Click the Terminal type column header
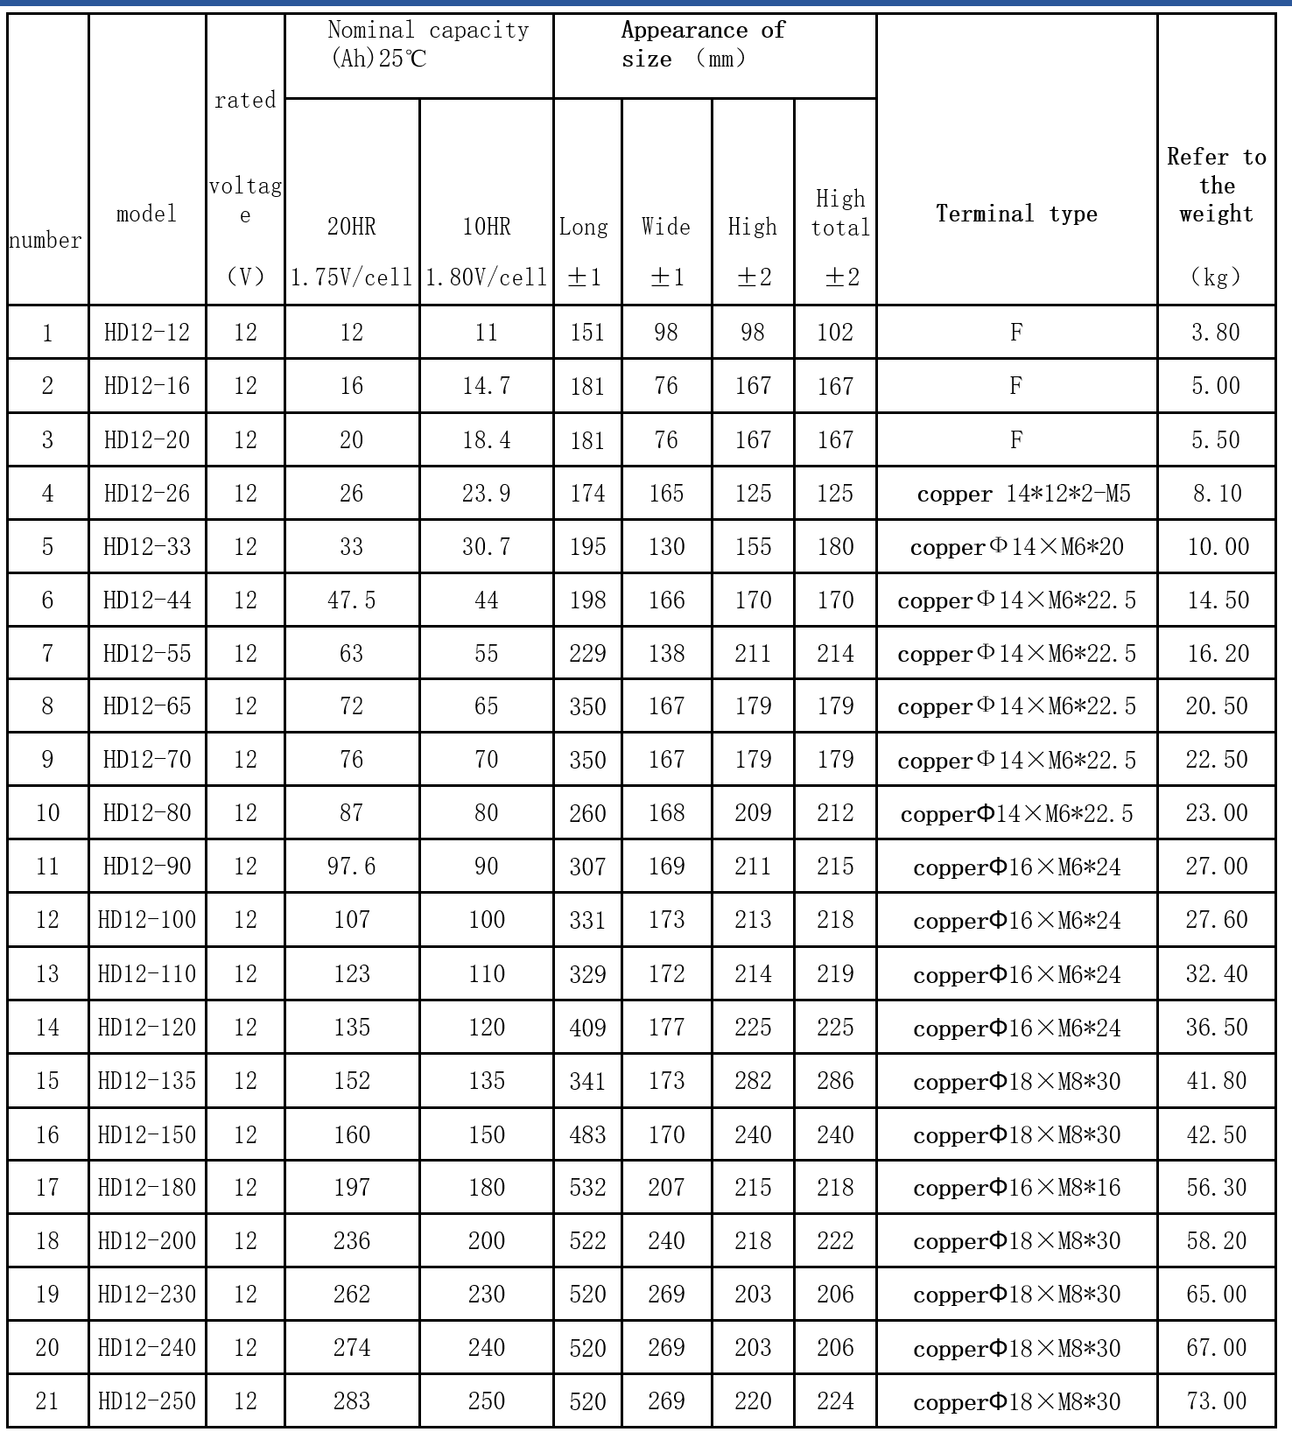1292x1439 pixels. click(x=1016, y=214)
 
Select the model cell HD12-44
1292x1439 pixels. click(x=147, y=600)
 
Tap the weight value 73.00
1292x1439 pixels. click(x=1216, y=1401)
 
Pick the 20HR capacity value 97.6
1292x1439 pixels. click(x=352, y=867)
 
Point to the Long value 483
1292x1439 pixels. click(x=587, y=1135)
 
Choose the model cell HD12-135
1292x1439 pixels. click(x=147, y=1081)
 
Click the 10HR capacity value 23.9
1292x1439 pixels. click(x=487, y=494)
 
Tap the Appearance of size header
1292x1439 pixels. click(x=702, y=45)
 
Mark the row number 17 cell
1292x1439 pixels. click(x=47, y=1188)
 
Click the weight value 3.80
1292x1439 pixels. click(x=1216, y=333)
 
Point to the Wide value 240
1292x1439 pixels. click(x=666, y=1241)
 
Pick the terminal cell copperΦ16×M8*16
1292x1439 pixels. click(x=1016, y=1188)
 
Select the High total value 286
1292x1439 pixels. click(x=835, y=1081)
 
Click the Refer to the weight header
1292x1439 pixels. click(x=1216, y=186)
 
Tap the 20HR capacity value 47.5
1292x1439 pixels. click(x=352, y=600)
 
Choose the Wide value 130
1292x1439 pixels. click(x=666, y=547)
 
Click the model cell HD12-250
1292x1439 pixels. click(x=147, y=1401)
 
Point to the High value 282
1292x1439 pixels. click(x=753, y=1081)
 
